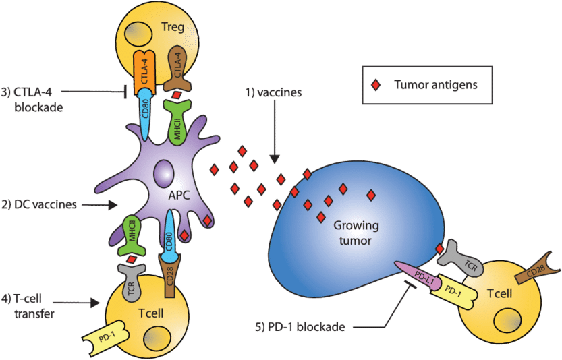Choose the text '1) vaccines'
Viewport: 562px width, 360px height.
coord(273,94)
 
